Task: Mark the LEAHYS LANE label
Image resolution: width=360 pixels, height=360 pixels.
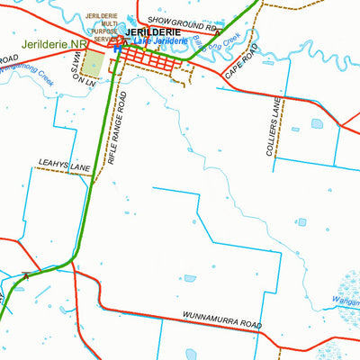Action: click(65, 166)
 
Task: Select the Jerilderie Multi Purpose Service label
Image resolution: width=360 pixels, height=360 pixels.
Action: click(101, 28)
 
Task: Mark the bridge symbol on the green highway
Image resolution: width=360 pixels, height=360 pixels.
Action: click(26, 274)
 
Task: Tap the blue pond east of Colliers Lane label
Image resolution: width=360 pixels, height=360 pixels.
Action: click(316, 124)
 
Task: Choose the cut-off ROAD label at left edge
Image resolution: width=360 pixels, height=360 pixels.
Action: click(9, 58)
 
